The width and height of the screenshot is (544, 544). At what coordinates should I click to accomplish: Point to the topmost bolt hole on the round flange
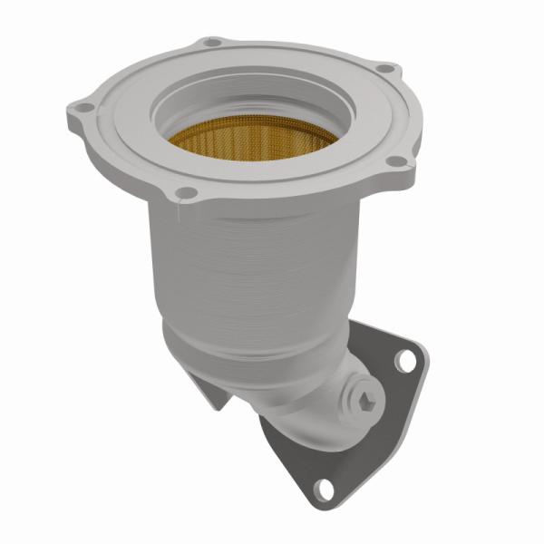pos(211,42)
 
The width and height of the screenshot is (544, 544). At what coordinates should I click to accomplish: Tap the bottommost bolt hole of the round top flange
pos(183,191)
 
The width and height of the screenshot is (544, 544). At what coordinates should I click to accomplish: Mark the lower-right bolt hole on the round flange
pos(396,161)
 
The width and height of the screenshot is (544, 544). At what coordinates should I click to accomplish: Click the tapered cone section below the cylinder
pos(245,349)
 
